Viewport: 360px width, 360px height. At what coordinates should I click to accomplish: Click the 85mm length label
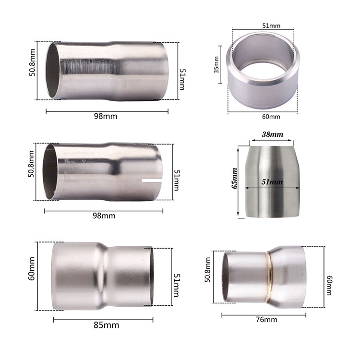(x=106, y=325)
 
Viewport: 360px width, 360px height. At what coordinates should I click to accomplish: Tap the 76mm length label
(x=266, y=320)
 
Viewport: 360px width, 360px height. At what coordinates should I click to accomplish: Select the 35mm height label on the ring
(x=216, y=65)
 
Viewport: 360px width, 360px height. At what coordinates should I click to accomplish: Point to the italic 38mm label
(x=273, y=134)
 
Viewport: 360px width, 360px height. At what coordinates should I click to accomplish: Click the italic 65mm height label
(x=234, y=179)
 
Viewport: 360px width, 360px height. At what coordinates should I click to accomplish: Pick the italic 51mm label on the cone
(x=272, y=182)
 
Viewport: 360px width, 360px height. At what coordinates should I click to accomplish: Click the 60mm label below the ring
(x=271, y=117)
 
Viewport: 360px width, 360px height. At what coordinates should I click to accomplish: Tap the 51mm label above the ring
(x=271, y=26)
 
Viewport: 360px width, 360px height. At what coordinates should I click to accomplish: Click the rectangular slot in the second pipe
(x=152, y=181)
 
